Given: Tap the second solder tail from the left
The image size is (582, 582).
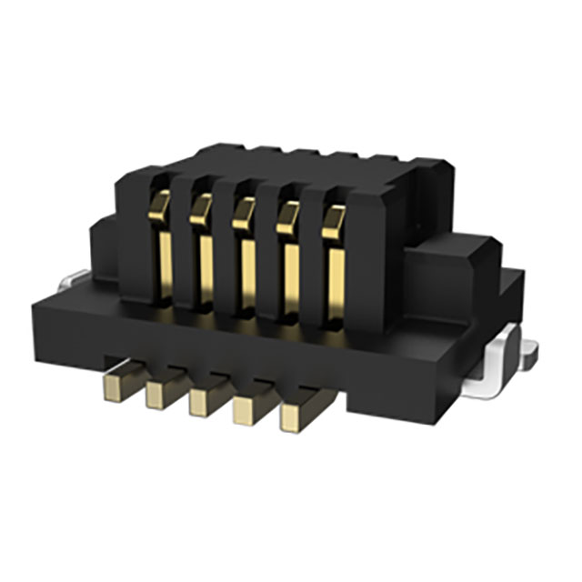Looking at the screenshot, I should pyautogui.click(x=159, y=391).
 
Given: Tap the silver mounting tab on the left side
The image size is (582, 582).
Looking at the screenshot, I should pyautogui.click(x=73, y=280).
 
